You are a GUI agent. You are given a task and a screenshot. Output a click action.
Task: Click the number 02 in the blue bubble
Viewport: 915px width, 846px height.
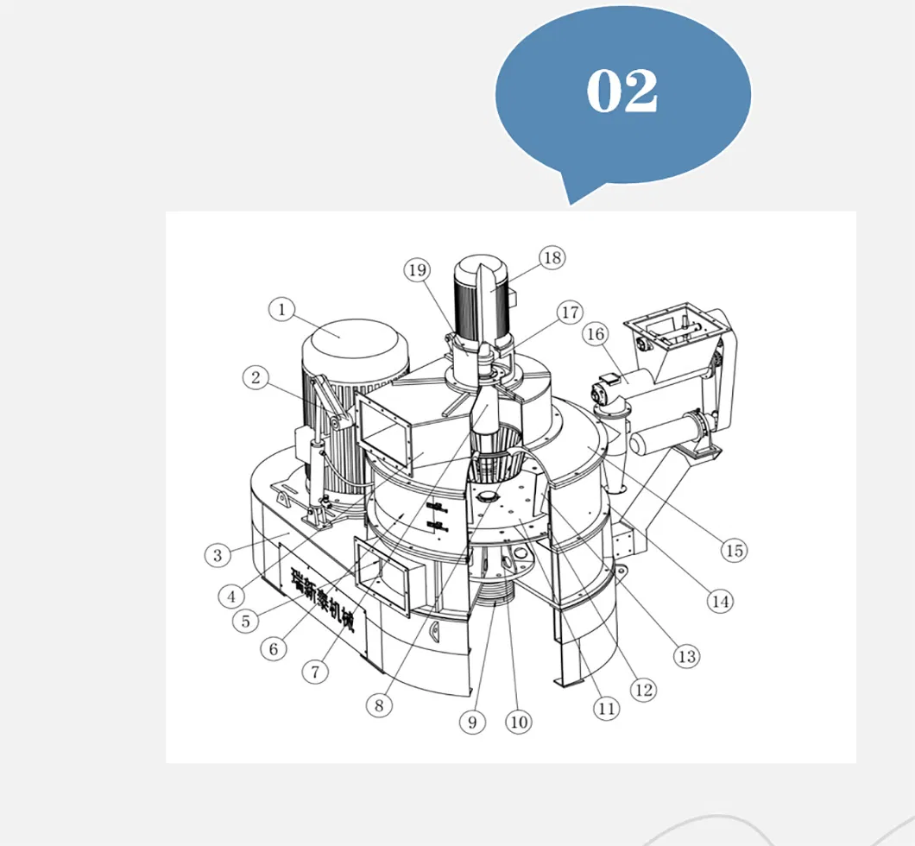622,91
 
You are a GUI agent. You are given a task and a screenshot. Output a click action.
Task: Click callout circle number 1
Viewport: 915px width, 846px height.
281,309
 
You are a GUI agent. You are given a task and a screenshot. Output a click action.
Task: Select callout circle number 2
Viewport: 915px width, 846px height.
256,376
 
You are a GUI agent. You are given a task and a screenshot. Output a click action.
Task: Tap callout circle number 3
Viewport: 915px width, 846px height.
218,554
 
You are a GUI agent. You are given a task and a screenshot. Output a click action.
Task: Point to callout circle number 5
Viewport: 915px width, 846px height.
246,620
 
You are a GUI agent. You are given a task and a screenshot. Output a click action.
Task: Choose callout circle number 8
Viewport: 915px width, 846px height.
378,704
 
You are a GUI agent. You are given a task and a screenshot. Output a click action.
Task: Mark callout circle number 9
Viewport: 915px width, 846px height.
471,722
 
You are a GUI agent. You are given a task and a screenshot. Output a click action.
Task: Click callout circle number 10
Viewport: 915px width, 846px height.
518,722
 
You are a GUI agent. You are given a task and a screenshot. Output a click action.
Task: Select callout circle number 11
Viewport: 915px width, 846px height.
606,709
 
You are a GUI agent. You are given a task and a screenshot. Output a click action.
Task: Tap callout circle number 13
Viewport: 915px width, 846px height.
686,656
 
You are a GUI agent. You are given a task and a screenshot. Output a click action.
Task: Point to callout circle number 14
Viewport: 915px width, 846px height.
720,600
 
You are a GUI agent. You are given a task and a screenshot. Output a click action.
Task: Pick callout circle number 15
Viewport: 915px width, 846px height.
734,550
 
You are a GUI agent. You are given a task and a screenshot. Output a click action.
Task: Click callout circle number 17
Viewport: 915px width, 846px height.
571,312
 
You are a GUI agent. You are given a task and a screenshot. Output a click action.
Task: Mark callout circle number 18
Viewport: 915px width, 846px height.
551,256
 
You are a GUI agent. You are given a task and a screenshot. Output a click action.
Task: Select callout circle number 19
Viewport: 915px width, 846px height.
417,270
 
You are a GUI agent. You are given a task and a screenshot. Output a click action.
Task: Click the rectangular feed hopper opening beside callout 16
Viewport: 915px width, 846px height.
674,326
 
